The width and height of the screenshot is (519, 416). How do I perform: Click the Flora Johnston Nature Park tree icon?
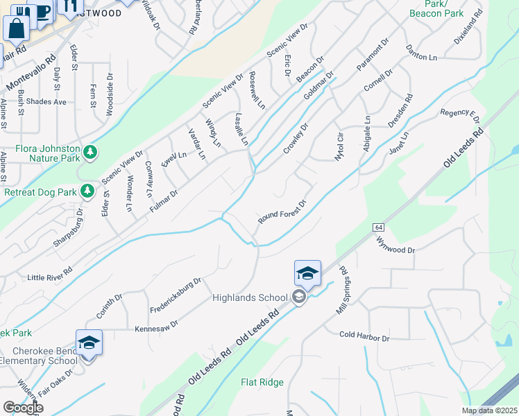[x=90, y=151]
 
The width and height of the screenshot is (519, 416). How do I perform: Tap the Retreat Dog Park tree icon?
[x=87, y=191]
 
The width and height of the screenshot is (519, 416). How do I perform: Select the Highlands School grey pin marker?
[x=299, y=297]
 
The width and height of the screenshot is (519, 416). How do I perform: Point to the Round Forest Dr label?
[x=282, y=213]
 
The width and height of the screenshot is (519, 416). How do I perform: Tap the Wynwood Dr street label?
[x=395, y=244]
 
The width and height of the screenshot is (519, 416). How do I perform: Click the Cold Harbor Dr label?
[x=364, y=336]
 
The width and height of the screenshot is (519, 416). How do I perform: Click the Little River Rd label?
[x=49, y=275]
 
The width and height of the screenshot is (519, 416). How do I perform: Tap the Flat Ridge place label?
[x=262, y=382]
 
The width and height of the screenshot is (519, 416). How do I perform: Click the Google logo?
[x=22, y=408]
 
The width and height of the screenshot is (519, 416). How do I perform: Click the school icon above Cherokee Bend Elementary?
[x=89, y=343]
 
